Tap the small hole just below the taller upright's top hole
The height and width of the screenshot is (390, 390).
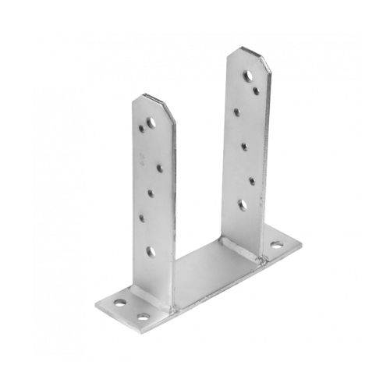(x=256, y=90)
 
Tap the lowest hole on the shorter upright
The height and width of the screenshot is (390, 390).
(x=150, y=251)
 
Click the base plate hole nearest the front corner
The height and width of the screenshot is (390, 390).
(x=143, y=316)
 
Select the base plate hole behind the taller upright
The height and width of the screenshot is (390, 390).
(x=275, y=245)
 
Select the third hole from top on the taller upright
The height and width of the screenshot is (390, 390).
(x=236, y=112)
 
